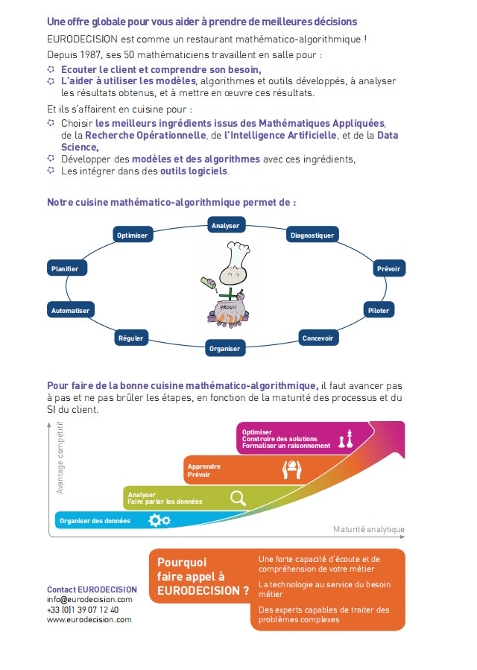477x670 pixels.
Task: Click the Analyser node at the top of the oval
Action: (225, 225)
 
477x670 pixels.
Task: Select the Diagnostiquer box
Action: (312, 236)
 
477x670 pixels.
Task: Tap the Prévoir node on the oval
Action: (388, 268)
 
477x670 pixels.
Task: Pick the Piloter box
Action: (379, 310)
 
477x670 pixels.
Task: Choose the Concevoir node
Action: (318, 338)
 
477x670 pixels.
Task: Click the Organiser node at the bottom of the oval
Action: (225, 348)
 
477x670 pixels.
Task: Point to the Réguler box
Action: (130, 338)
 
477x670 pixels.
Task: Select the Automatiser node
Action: (70, 310)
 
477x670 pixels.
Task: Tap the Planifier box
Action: (64, 268)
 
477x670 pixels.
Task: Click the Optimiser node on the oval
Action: (133, 236)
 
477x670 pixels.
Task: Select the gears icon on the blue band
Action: (159, 520)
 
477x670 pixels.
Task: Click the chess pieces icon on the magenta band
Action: (345, 440)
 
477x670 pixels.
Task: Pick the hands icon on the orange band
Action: (291, 469)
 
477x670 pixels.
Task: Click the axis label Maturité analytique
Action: (369, 530)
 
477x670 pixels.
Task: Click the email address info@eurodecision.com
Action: (89, 599)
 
